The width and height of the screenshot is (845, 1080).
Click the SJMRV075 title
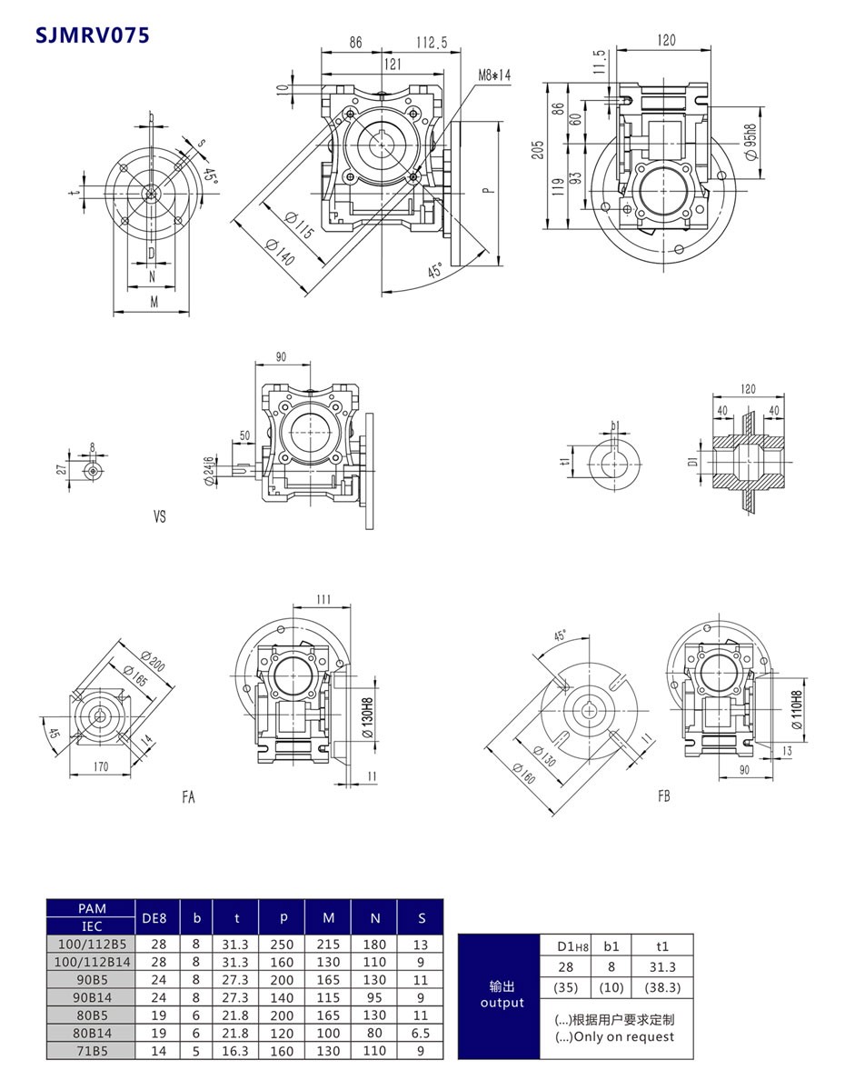tap(92, 35)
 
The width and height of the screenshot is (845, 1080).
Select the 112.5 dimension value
tap(432, 43)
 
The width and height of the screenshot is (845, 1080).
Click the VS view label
tap(160, 516)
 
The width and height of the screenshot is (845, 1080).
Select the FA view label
tap(188, 797)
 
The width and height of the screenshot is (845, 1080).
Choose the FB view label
tap(664, 797)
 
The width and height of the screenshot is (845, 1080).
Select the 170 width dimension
tap(100, 767)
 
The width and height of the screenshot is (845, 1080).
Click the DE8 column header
tap(156, 918)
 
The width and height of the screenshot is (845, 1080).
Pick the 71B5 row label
tap(91, 1050)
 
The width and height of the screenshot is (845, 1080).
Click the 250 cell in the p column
tap(282, 945)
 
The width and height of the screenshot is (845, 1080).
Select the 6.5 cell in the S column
tap(421, 1033)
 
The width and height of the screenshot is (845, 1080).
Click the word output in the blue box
tap(502, 1003)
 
